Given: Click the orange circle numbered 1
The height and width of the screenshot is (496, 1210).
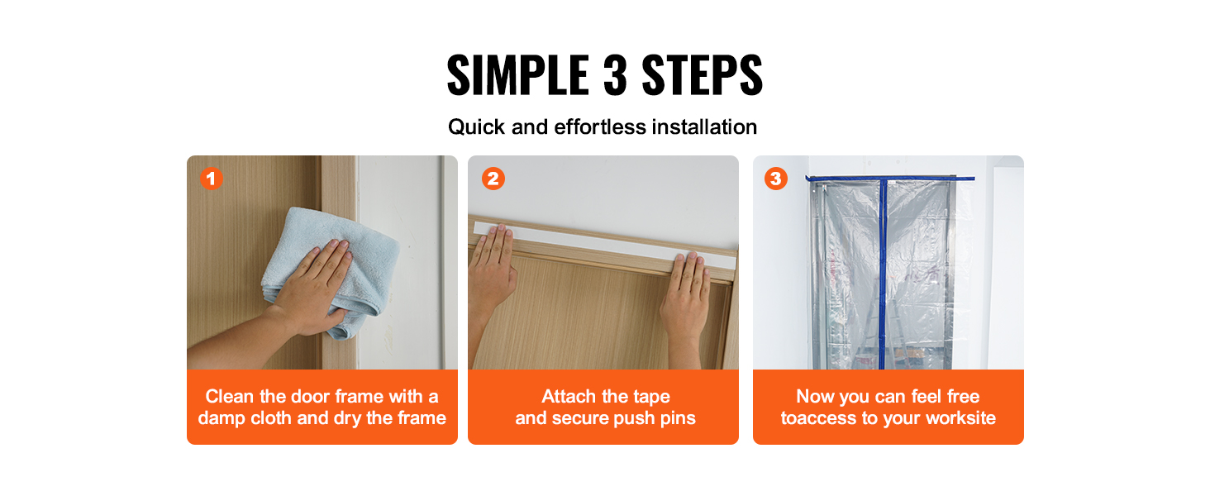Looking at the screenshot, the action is point(212,179).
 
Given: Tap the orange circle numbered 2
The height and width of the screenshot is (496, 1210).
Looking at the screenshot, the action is point(493,179).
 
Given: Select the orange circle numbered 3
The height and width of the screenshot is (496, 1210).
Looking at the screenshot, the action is point(776,179).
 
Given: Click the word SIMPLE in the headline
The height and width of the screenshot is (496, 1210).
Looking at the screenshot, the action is point(517,75).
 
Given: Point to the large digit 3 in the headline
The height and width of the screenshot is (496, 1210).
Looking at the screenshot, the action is point(615,75).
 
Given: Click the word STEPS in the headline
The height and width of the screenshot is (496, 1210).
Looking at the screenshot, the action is point(702,75).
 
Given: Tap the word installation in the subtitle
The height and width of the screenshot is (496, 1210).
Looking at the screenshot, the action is point(704,127).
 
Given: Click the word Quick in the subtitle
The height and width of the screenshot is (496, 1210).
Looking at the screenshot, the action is point(476,127).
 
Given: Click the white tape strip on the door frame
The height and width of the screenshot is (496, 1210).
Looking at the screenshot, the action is point(604,244).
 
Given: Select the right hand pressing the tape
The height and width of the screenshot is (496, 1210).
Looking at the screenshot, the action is point(685,303).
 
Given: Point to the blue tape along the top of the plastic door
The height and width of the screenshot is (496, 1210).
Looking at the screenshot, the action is point(890,178).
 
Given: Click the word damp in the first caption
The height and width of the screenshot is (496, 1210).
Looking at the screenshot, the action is point(222,419).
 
